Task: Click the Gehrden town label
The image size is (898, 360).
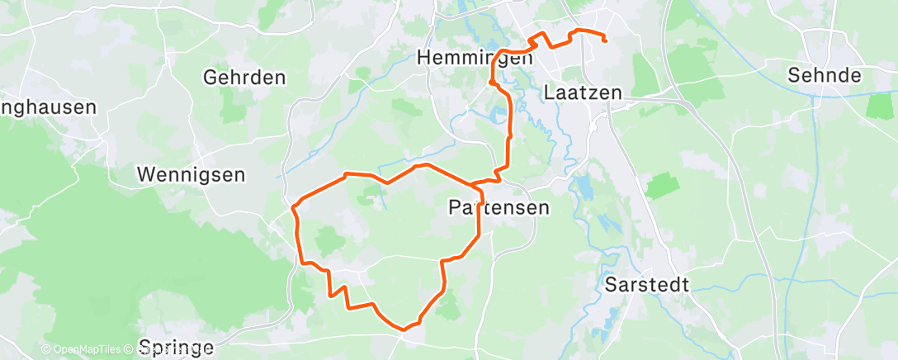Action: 244,78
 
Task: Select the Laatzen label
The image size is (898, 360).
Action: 583,93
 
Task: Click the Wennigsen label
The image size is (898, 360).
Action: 191,175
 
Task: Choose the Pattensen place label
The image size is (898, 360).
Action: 499,207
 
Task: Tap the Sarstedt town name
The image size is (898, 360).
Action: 647,286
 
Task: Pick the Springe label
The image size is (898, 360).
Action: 177,347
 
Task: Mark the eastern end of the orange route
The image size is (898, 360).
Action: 606,40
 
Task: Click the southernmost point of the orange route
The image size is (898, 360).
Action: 404,329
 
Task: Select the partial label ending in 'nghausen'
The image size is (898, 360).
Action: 48,107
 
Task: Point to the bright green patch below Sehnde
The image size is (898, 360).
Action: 880,105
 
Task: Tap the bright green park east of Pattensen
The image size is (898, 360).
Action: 662,186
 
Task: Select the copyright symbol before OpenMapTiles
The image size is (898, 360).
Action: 45,350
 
